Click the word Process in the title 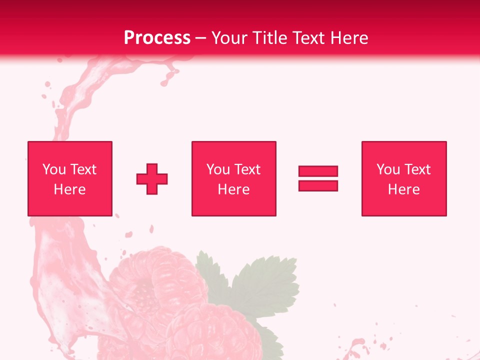coord(157,38)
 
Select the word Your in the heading coord(229,38)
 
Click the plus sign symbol coord(152,179)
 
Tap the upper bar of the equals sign coord(318,171)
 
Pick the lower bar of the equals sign coord(318,185)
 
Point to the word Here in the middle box coord(233,189)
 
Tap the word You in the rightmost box coord(388,169)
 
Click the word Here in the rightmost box coord(403,189)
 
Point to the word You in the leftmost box coord(54,169)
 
